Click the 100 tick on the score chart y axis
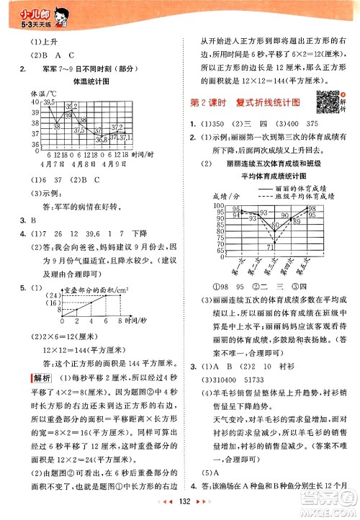pyautogui.click(x=217, y=206)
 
